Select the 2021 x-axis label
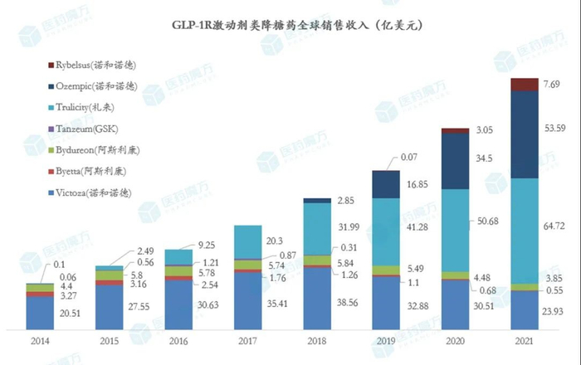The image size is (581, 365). coord(523,341)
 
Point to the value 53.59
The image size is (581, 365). coord(554,128)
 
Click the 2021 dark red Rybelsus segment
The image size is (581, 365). coord(523,84)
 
